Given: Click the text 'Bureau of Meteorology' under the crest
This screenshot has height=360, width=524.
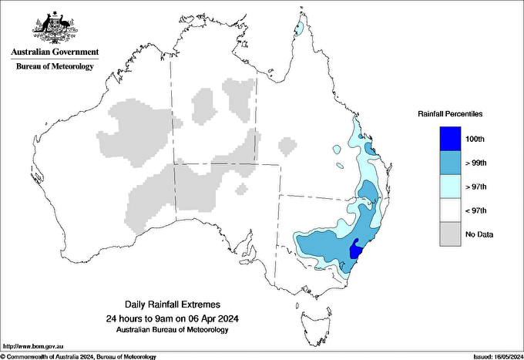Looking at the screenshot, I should click(54, 66).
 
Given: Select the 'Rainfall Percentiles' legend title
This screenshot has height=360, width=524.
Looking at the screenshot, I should click(450, 113).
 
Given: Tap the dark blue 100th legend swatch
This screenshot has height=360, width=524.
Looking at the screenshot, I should click(450, 139).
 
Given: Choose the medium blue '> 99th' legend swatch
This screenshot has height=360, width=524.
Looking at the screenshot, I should click(450, 163).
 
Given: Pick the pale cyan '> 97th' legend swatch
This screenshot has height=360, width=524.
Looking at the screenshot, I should click(450, 187).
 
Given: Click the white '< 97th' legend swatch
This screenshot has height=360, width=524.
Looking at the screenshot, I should click(450, 210).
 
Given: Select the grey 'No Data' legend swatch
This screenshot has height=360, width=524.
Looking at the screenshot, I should click(450, 234).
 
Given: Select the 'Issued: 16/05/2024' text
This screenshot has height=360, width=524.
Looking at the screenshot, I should click(492, 356).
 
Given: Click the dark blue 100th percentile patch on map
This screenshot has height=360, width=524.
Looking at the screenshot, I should click(356, 250).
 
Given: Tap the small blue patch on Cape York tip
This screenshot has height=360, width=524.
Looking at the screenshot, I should click(298, 29).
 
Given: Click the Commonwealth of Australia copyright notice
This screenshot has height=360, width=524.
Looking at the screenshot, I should click(79, 356).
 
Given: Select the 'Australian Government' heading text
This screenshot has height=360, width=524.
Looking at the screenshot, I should click(54, 52).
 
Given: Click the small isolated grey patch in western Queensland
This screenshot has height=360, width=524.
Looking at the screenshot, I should click(287, 145).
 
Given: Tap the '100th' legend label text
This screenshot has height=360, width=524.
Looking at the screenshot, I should click(475, 140).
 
